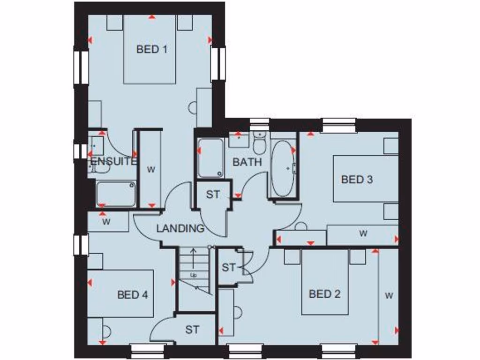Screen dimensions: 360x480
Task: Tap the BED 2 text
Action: click(x=325, y=294)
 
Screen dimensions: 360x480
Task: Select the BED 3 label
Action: click(x=357, y=179)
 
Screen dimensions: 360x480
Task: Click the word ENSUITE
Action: click(x=113, y=162)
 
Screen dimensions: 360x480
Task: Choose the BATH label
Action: click(x=247, y=162)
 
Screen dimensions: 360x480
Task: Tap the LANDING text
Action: click(x=180, y=229)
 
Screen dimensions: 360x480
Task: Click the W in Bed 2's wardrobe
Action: click(x=389, y=295)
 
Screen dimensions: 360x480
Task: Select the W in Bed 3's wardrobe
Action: click(x=363, y=233)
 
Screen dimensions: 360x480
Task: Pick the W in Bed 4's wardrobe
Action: click(x=106, y=222)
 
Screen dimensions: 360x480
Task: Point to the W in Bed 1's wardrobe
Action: click(x=150, y=169)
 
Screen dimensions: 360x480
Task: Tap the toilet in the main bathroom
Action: click(x=259, y=143)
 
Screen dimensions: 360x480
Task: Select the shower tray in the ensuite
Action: click(x=116, y=194)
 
